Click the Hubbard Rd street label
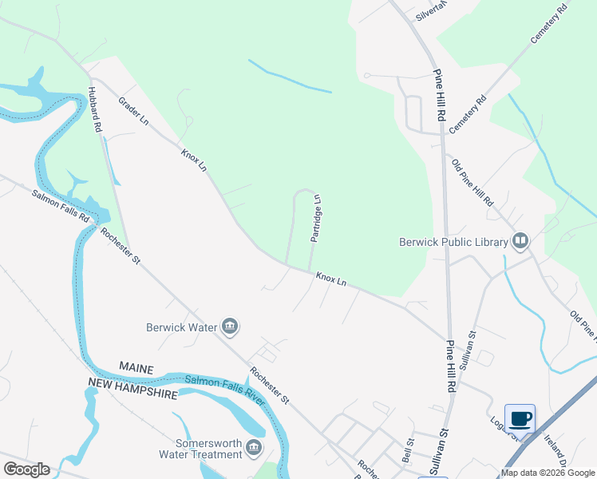click(x=95, y=109)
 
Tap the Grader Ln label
click(x=133, y=112)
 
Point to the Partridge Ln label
click(x=317, y=218)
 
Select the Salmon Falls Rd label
click(x=61, y=207)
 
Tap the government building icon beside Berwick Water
click(x=230, y=326)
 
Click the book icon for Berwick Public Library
click(x=520, y=239)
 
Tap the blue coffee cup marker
click(x=520, y=418)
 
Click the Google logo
click(x=27, y=469)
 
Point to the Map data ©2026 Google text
click(x=547, y=473)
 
